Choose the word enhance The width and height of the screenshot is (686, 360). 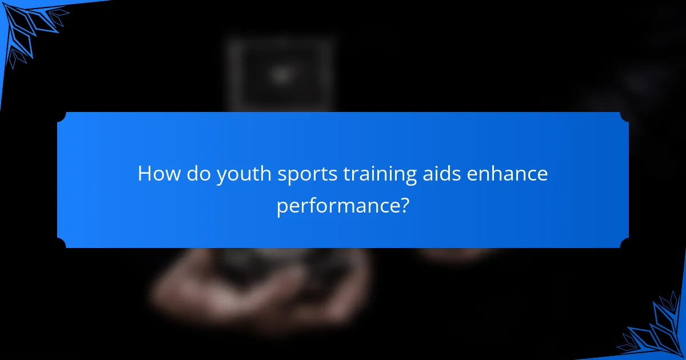tap(508, 174)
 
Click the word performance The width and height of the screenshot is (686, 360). tap(336, 206)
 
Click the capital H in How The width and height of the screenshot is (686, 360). tap(144, 174)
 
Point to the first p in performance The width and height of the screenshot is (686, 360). tap(281, 207)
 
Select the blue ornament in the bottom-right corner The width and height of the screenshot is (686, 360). tap(657, 331)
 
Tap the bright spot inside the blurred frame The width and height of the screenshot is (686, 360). tap(280, 74)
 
